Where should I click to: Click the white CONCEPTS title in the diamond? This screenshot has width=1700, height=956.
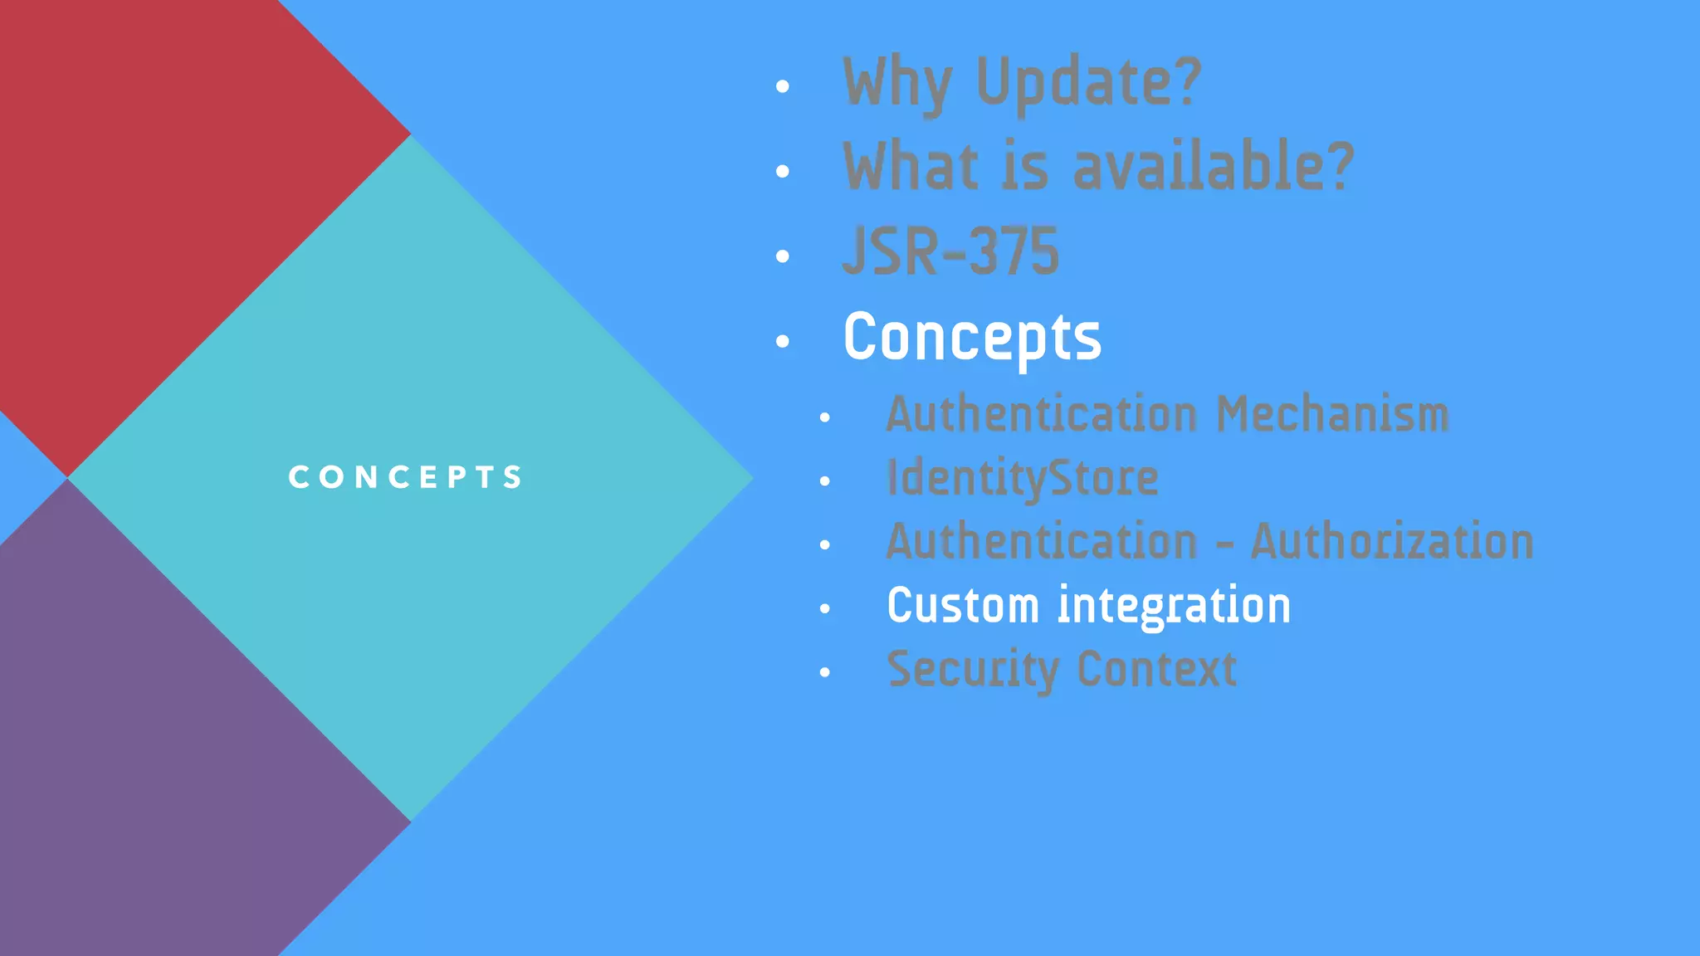click(405, 477)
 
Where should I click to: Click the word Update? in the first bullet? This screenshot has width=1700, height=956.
click(1088, 83)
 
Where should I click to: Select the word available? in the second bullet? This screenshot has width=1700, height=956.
click(1213, 167)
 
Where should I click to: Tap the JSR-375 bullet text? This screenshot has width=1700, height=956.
click(950, 251)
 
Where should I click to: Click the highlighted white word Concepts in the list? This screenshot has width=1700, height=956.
click(972, 337)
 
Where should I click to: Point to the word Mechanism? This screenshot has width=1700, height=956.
click(1332, 413)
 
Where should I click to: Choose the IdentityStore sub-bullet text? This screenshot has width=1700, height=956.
click(1022, 478)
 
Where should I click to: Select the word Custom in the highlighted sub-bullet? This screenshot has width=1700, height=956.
click(963, 605)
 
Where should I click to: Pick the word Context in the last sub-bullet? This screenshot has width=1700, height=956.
click(1156, 669)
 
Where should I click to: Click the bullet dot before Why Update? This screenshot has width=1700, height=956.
click(782, 86)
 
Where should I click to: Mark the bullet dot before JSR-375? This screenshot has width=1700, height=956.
click(782, 256)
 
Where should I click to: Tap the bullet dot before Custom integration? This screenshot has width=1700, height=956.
click(824, 609)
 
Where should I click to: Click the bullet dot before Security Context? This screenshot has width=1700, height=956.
click(824, 673)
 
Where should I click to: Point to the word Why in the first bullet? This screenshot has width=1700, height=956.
click(896, 83)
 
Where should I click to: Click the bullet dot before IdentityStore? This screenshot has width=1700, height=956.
click(824, 481)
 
